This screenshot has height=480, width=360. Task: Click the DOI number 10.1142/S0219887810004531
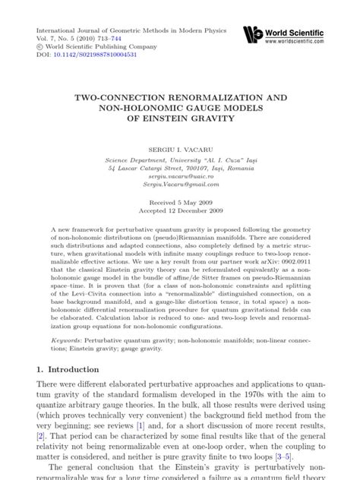90,54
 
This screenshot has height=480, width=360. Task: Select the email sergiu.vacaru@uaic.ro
180,175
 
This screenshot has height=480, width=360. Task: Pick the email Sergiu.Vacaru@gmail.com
180,183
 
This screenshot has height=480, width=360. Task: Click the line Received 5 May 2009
180,201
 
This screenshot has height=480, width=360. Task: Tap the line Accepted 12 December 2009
180,210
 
